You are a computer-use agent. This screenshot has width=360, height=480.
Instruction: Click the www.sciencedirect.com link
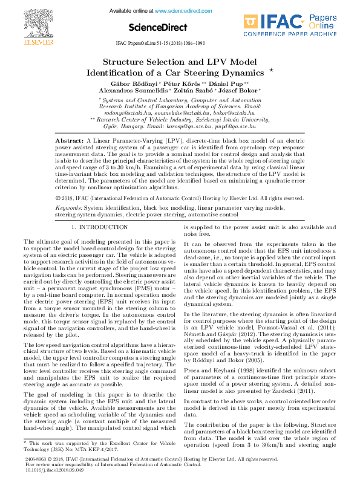click(x=178, y=11)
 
